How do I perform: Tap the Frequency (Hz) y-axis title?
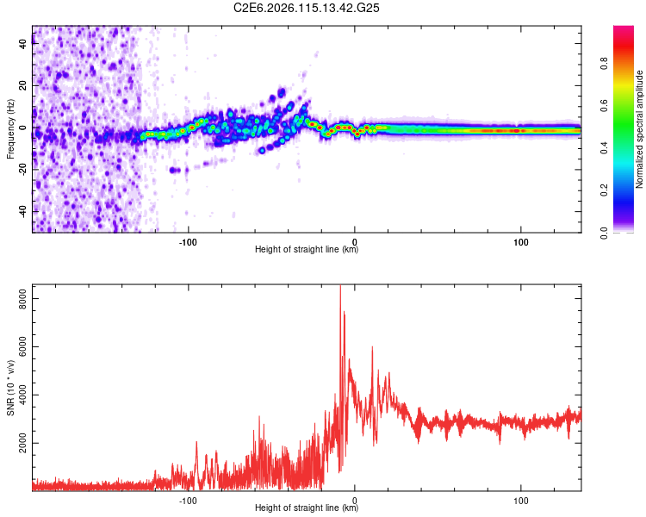[x=10, y=129]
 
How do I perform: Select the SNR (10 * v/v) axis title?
[x=10, y=388]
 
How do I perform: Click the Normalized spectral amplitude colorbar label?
[x=640, y=129]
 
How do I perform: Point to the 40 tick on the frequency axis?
[x=24, y=45]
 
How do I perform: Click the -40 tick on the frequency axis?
[x=22, y=211]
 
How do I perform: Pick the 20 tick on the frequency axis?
[x=24, y=86]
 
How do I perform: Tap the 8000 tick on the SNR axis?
[x=19, y=297]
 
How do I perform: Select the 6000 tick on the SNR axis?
[x=19, y=346]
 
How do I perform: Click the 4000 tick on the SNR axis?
[x=19, y=395]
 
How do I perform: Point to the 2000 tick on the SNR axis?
[x=19, y=443]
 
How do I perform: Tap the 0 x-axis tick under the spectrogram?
[x=354, y=240]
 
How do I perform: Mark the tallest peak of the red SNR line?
[x=339, y=287]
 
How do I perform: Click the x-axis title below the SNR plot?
[x=307, y=508]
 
